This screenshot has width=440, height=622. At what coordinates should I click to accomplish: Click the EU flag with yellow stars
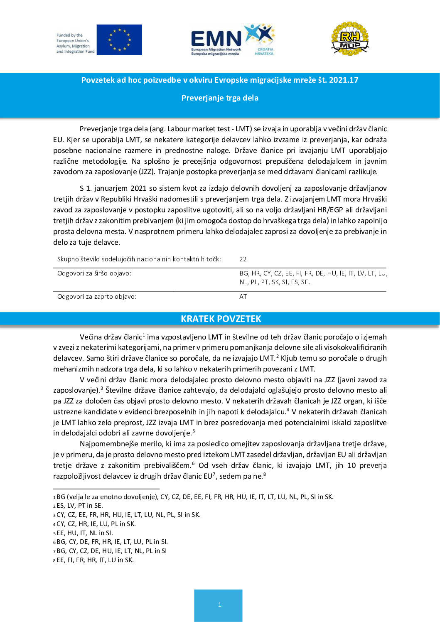[x=119, y=40]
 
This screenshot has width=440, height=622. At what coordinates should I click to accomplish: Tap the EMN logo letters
[x=216, y=39]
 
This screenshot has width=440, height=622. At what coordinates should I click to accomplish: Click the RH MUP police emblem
[x=350, y=39]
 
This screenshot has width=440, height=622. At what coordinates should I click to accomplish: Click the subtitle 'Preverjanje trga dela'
[x=220, y=98]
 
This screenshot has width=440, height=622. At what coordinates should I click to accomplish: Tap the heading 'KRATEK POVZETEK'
[x=221, y=319]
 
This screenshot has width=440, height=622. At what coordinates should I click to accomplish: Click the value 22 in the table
[x=243, y=259]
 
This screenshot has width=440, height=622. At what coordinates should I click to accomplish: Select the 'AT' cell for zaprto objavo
[x=243, y=297]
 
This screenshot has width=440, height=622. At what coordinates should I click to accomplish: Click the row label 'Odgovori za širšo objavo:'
[x=94, y=273]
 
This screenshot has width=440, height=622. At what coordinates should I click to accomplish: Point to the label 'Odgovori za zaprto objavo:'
[x=97, y=297]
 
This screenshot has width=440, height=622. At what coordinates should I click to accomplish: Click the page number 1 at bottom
[x=219, y=605]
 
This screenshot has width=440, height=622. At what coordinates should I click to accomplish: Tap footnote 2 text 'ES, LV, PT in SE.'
[x=80, y=506]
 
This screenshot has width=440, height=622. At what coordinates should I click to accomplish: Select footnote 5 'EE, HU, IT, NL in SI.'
[x=85, y=533]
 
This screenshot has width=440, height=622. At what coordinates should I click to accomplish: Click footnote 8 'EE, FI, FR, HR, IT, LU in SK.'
[x=95, y=560]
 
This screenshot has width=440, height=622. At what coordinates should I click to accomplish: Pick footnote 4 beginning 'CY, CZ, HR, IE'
[x=96, y=524]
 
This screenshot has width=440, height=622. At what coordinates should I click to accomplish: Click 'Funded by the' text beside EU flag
[x=70, y=35]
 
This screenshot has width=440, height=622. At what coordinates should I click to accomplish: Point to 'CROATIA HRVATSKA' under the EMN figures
[x=264, y=52]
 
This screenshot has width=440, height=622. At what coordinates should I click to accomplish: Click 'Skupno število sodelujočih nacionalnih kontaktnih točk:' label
[x=139, y=259]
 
